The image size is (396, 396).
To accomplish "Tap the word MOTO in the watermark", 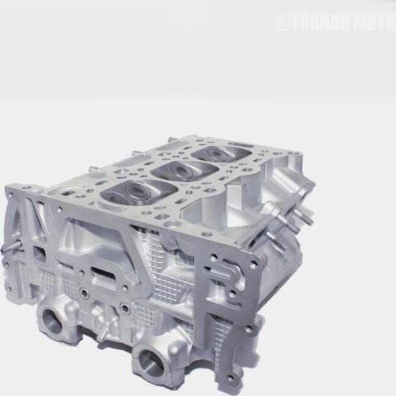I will pos(376,22).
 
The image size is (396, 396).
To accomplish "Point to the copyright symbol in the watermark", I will pos(283,22).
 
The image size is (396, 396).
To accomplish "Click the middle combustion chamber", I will pos(175,170).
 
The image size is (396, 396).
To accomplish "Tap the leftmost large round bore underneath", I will pos(52,320).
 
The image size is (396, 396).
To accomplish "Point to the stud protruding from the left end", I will pos(8,248).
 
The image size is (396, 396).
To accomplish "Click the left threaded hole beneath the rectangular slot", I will pos(84,294).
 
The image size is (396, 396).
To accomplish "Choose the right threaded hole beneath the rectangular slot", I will pos(125,309).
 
